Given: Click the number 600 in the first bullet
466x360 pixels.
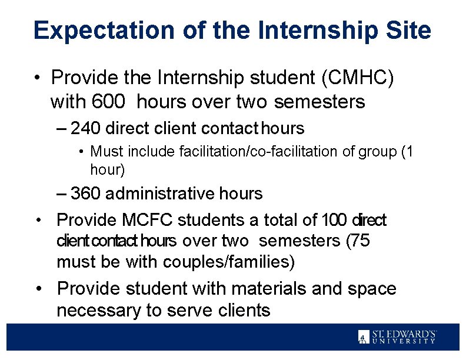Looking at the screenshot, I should [x=108, y=102].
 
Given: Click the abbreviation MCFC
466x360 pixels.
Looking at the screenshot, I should [x=149, y=220].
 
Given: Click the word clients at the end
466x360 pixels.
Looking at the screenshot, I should [x=238, y=310].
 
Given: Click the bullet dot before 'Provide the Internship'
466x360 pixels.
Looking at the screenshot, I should [x=38, y=78].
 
